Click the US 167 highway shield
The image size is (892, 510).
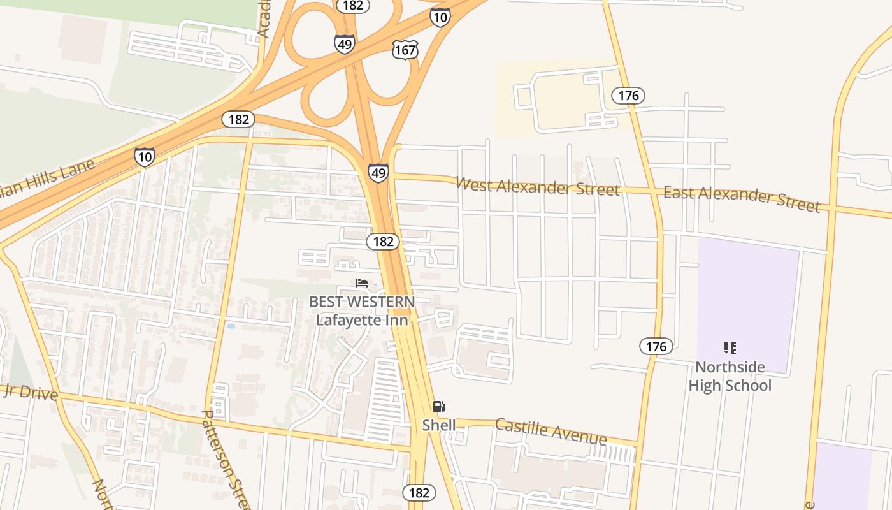pyautogui.click(x=405, y=49)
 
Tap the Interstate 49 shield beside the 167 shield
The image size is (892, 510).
pyautogui.click(x=344, y=43)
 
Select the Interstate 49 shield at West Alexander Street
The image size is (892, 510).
pyautogui.click(x=378, y=172)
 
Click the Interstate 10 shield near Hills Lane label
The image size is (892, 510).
pyautogui.click(x=145, y=156)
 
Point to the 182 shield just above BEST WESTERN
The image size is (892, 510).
pyautogui.click(x=383, y=242)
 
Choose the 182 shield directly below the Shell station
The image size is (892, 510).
pyautogui.click(x=419, y=492)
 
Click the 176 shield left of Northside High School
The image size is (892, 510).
pyautogui.click(x=656, y=346)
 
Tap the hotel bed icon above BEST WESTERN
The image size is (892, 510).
pyautogui.click(x=362, y=283)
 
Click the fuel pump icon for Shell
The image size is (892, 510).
pyautogui.click(x=438, y=407)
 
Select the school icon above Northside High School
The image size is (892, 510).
pyautogui.click(x=730, y=348)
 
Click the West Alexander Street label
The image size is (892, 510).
pyautogui.click(x=538, y=187)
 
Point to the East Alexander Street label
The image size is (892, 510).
pyautogui.click(x=742, y=198)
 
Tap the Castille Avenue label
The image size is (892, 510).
pyautogui.click(x=550, y=432)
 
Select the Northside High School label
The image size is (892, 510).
pyautogui.click(x=730, y=376)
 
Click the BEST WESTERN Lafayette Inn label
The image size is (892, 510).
pyautogui.click(x=362, y=310)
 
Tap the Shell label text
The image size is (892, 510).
pyautogui.click(x=439, y=425)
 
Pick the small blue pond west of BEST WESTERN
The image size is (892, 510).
pyautogui.click(x=230, y=326)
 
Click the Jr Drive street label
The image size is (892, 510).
pyautogui.click(x=29, y=391)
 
